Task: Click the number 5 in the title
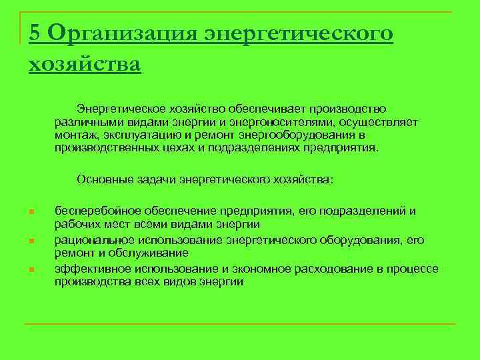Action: point(35,33)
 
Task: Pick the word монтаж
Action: point(75,135)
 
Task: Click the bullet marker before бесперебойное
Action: point(31,213)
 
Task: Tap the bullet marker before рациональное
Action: point(31,241)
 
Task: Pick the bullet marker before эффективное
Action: point(31,270)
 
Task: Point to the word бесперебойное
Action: point(93,211)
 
